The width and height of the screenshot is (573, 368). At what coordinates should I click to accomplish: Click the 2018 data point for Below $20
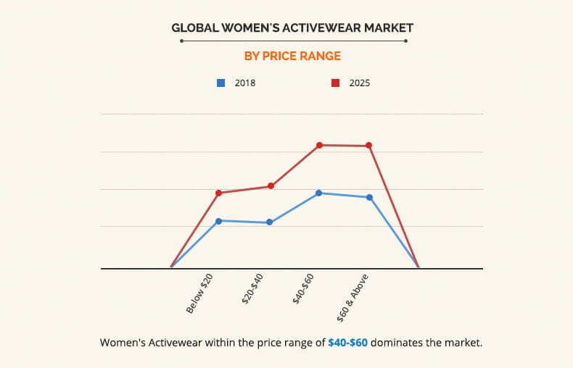point(219,220)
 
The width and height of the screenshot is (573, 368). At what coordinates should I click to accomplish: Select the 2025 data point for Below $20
point(219,193)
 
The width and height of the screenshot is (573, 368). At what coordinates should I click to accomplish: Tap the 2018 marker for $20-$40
point(269,222)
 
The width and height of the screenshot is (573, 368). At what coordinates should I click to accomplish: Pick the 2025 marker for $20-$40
point(271,186)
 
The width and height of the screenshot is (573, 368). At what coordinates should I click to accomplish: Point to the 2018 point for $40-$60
point(318,193)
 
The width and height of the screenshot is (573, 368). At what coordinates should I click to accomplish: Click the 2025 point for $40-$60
point(319,145)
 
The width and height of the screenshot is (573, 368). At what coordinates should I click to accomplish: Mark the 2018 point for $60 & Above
point(369,197)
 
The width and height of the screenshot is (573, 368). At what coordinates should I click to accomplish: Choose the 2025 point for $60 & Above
point(369,146)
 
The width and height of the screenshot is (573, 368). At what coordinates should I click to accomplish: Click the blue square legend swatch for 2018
point(220,83)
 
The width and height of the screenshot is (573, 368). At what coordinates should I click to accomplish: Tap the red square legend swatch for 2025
point(335,83)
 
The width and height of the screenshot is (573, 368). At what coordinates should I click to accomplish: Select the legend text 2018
point(244,83)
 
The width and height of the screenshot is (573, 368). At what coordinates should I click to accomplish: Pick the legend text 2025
point(360,83)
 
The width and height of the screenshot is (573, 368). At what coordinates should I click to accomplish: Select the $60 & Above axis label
point(353,298)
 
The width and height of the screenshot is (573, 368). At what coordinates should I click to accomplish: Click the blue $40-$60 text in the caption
point(347,342)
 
